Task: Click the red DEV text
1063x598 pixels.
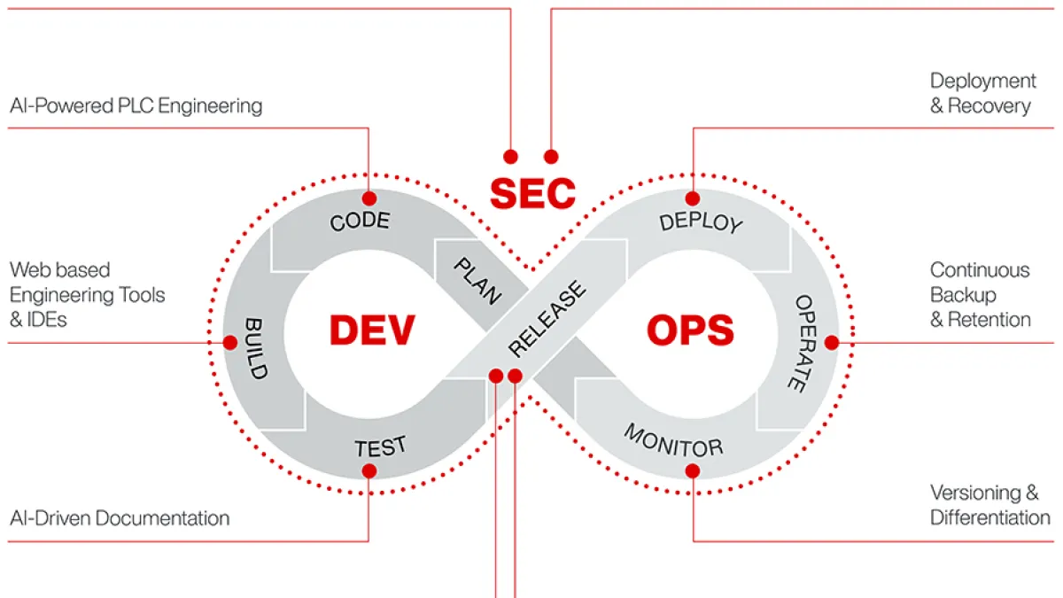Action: (372, 330)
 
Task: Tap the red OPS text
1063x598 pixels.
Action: (690, 330)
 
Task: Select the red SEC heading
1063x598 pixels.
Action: (532, 194)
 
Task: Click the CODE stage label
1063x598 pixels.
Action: (360, 221)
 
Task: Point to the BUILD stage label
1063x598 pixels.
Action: (256, 348)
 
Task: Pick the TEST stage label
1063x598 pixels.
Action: (381, 447)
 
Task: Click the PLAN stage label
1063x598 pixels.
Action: (477, 281)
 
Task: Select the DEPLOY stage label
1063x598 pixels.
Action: (701, 222)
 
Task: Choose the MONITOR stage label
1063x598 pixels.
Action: (673, 441)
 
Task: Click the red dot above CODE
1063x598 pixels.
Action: (369, 198)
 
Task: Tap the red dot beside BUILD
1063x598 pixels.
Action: (230, 342)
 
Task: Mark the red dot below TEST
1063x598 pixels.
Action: (369, 470)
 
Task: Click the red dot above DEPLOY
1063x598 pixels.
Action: (693, 198)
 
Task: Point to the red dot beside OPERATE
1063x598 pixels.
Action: (832, 342)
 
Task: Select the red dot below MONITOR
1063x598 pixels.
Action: (693, 470)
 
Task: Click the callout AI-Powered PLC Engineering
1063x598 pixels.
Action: (136, 105)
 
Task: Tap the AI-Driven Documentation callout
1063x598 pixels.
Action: (120, 517)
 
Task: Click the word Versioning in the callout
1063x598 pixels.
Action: (975, 493)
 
